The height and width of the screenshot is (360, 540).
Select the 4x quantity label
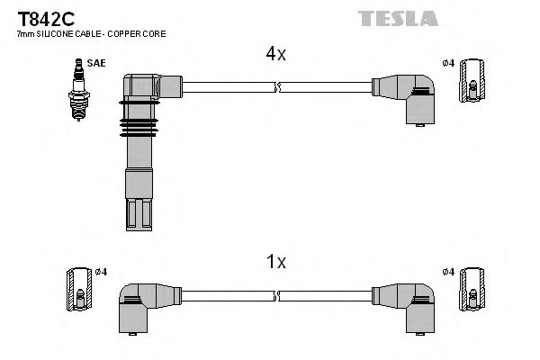[275, 54]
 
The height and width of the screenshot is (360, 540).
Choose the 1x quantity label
[275, 263]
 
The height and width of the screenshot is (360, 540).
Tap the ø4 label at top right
[449, 64]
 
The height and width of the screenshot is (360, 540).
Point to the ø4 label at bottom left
[101, 272]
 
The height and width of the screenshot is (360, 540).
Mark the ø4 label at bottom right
[449, 272]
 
